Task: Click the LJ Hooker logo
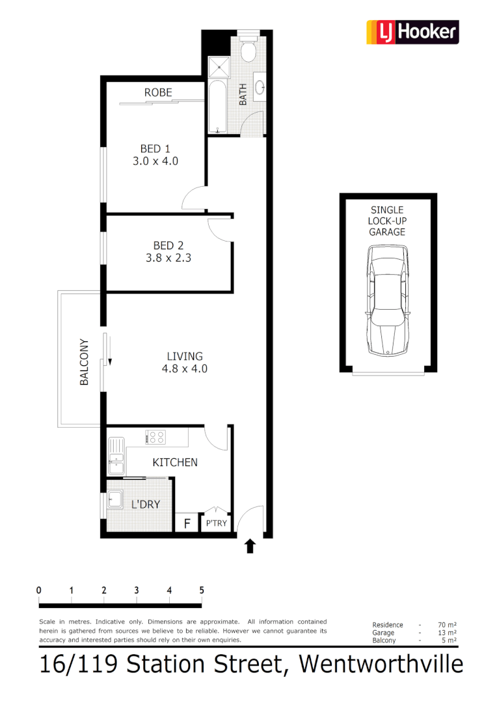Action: (x=412, y=32)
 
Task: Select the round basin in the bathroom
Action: (x=260, y=87)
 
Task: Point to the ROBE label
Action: (x=158, y=92)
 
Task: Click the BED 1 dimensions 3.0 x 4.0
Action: (x=155, y=161)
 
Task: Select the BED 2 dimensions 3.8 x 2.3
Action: (x=168, y=257)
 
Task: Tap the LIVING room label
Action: (x=185, y=356)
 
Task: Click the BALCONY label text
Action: (x=84, y=363)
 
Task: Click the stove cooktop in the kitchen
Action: (x=156, y=437)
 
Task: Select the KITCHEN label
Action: (x=175, y=462)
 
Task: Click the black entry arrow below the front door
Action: (x=250, y=546)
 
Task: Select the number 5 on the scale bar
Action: (x=202, y=590)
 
